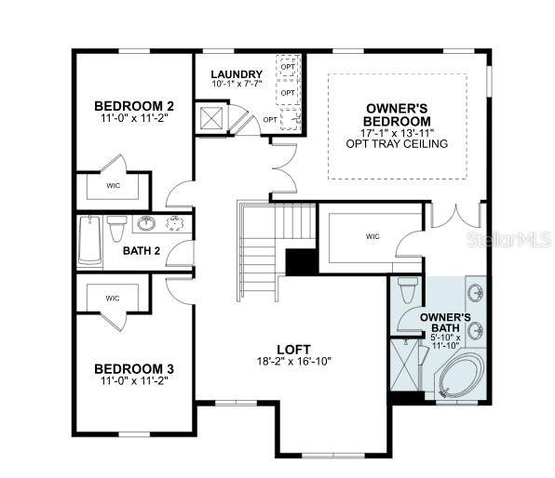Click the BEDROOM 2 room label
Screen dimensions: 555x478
(x=134, y=106)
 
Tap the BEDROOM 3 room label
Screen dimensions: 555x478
(x=134, y=369)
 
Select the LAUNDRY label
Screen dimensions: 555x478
(x=237, y=74)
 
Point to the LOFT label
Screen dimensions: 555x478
(x=293, y=350)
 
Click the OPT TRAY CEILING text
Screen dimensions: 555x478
(x=397, y=144)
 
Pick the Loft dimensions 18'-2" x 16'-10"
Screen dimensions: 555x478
(x=293, y=362)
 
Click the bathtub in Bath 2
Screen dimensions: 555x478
(x=89, y=241)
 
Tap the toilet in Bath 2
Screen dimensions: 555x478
(x=116, y=228)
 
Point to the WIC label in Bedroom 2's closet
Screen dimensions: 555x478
(x=114, y=185)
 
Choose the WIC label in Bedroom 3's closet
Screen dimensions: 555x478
(x=113, y=299)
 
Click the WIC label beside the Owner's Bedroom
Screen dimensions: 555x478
(x=372, y=236)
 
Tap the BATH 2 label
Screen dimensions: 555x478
(x=142, y=251)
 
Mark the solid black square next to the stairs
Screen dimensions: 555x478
(x=302, y=262)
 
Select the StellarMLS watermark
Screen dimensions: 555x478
(x=508, y=239)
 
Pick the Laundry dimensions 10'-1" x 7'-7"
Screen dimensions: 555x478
(x=237, y=84)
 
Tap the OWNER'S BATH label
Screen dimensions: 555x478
(x=445, y=323)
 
